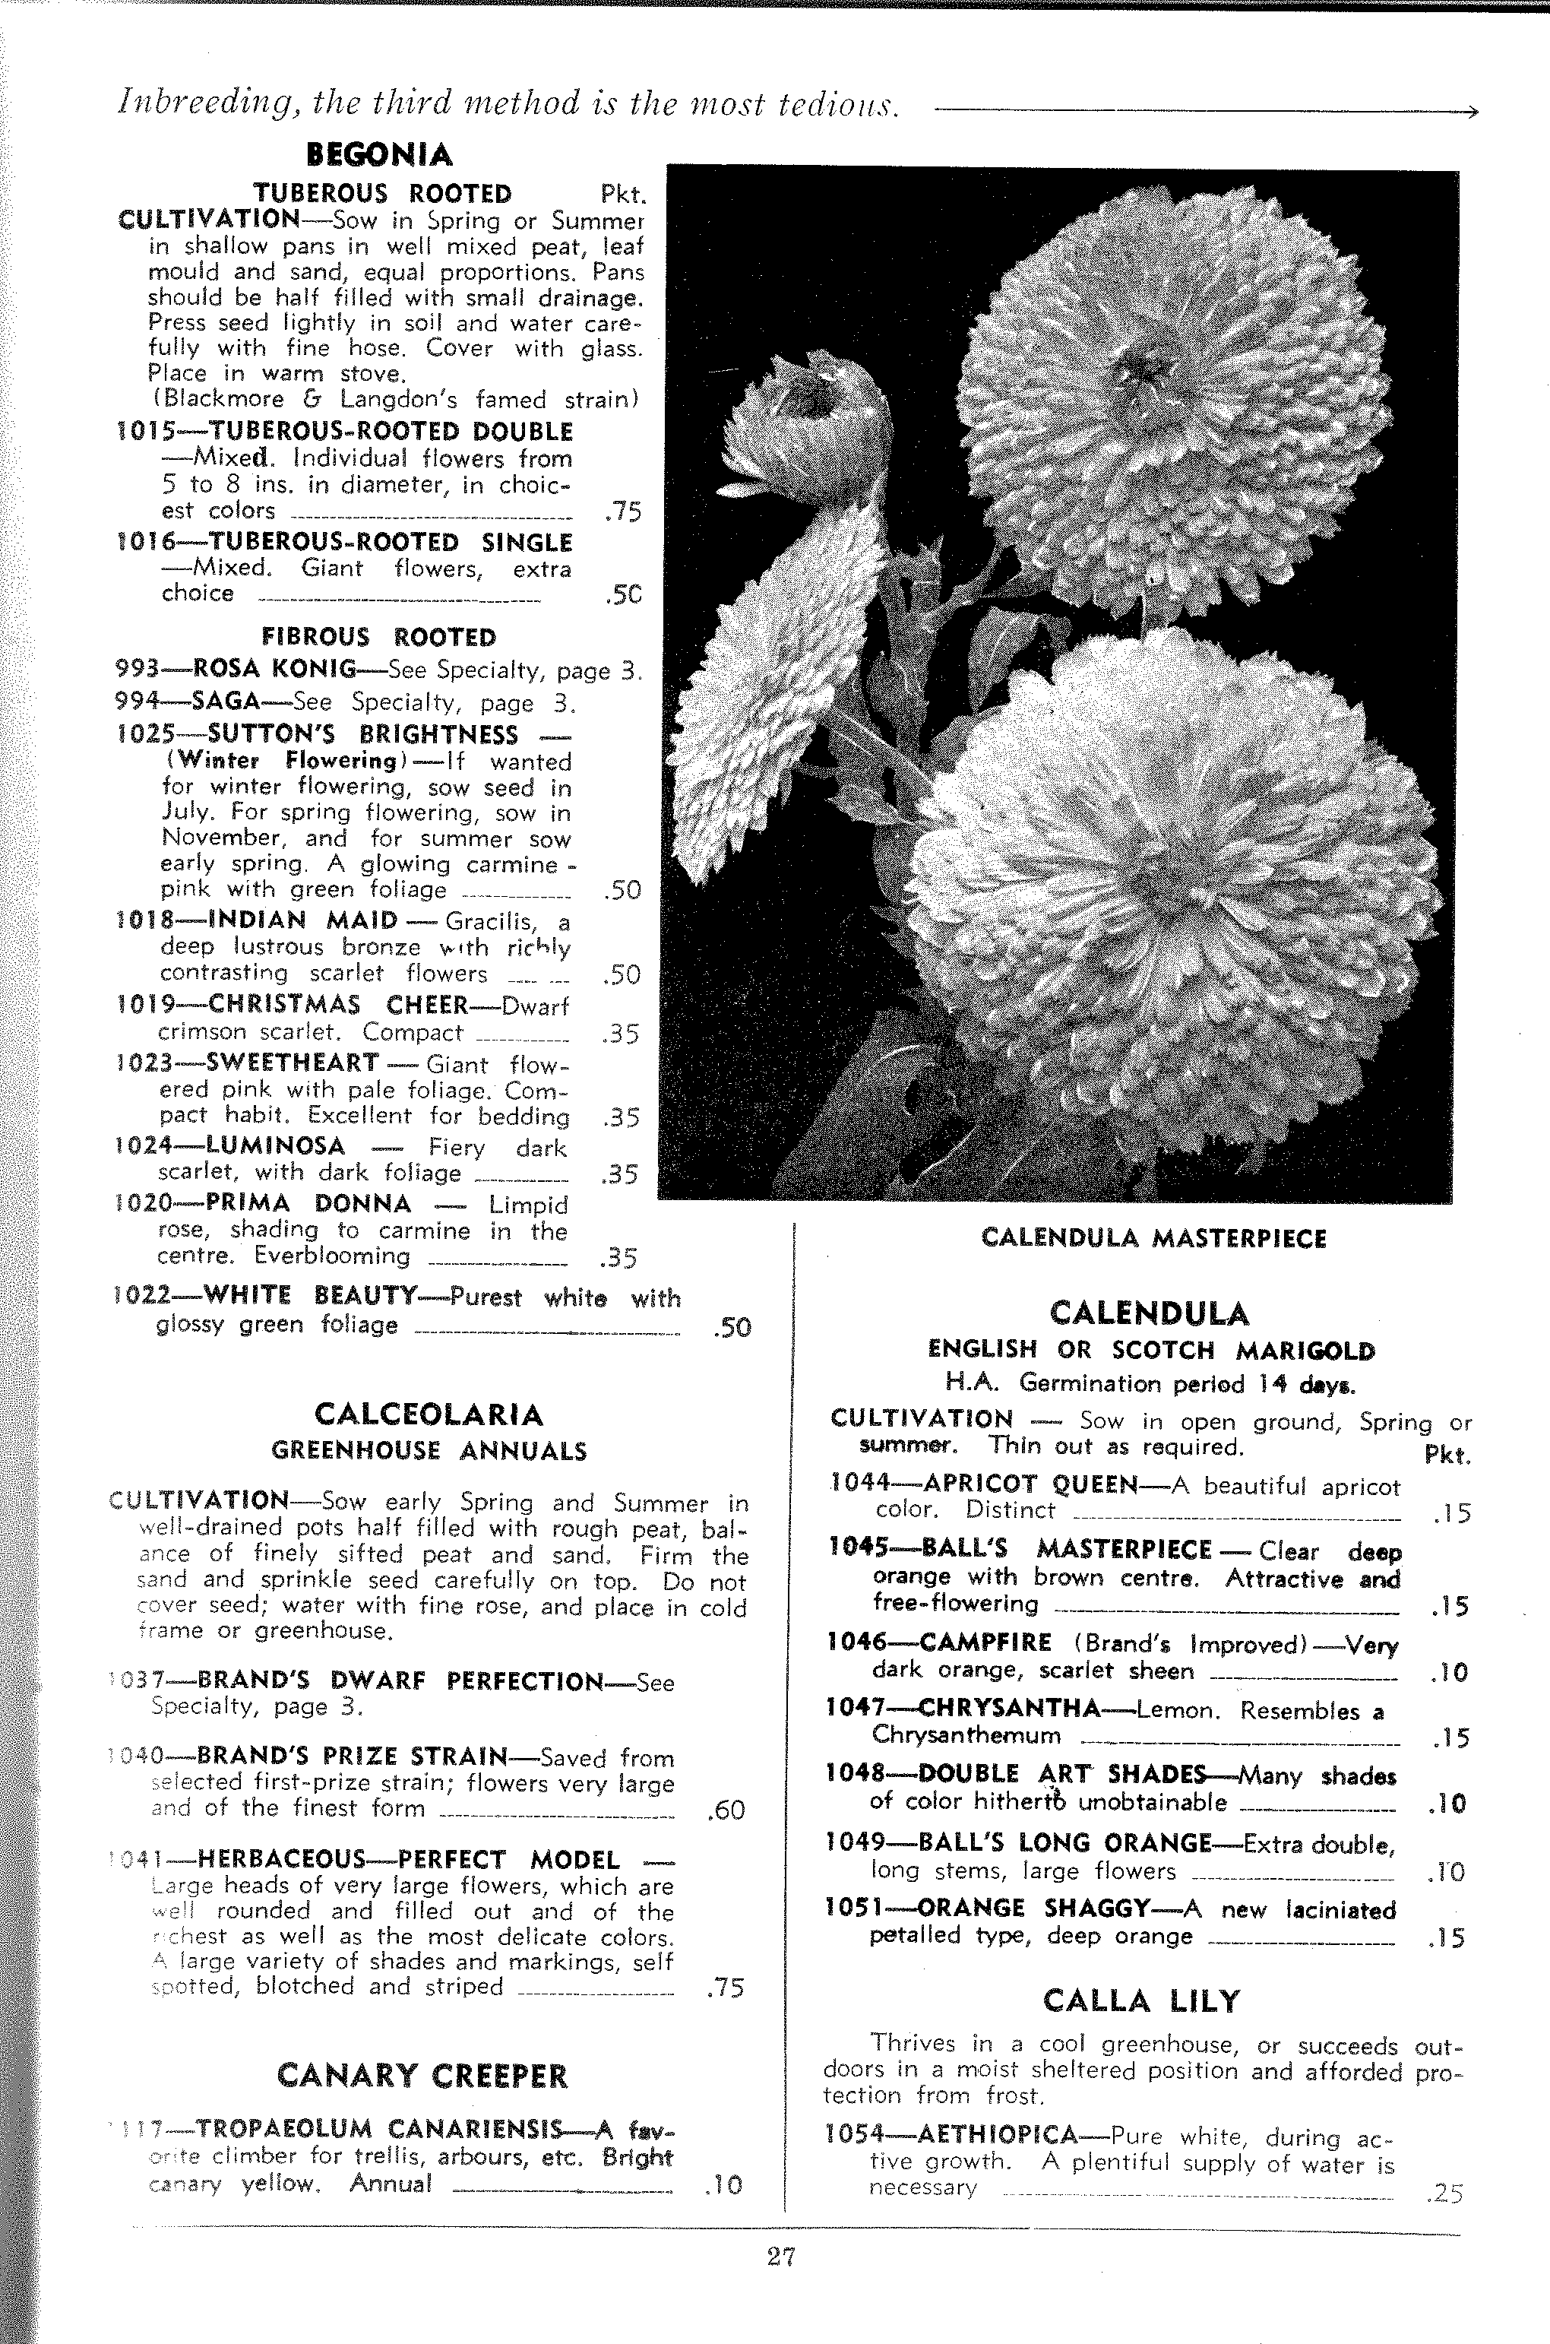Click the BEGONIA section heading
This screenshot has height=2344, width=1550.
tap(380, 155)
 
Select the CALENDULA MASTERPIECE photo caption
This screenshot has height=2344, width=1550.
tap(1153, 1239)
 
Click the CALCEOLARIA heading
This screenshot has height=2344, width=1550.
tap(428, 1414)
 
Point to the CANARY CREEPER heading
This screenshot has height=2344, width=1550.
tap(423, 2075)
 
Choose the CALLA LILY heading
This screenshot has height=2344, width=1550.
tap(1140, 2001)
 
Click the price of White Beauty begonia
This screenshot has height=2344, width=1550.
tap(732, 1327)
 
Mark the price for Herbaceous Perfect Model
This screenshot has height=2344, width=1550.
tap(726, 1987)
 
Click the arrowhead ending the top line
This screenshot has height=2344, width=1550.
tap(1472, 111)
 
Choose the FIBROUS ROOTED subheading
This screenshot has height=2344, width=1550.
tap(378, 637)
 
